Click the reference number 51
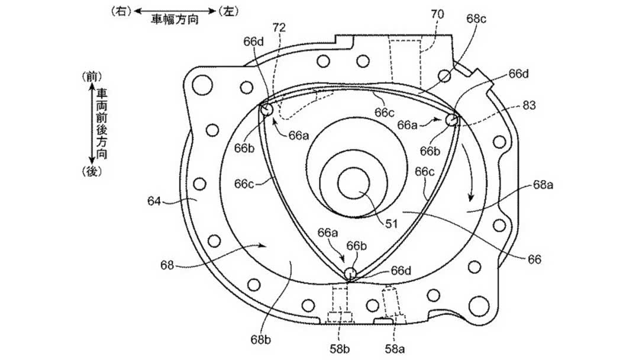392,223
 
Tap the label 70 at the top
437,15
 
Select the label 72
279,28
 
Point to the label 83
528,105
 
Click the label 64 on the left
154,201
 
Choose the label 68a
543,185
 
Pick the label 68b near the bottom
261,340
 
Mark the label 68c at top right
477,19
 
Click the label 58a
395,349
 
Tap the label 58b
340,349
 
